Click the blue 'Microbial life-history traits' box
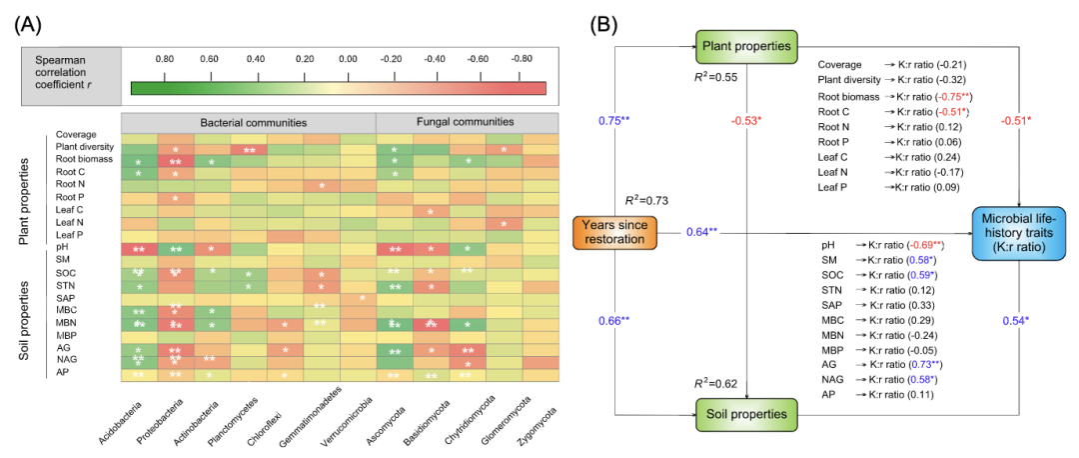(1020, 232)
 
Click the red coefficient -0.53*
(747, 121)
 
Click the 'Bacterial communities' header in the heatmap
(248, 122)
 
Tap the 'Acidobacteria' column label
(120, 418)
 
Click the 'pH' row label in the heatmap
(62, 246)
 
